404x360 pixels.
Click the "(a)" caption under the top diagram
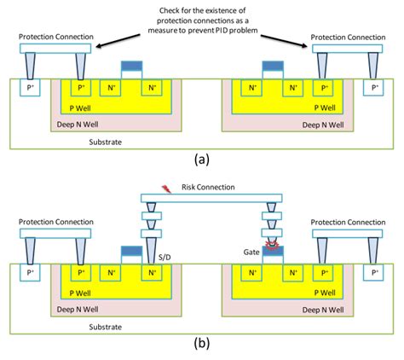pos(201,159)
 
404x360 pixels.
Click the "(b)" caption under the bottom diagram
pos(201,345)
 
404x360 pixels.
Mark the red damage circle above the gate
pos(273,246)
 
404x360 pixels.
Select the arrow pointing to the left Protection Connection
pos(119,38)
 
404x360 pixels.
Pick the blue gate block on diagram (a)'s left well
pos(131,67)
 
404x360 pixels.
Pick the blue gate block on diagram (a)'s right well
pos(272,67)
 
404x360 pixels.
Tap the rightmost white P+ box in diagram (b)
pos(372,273)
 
